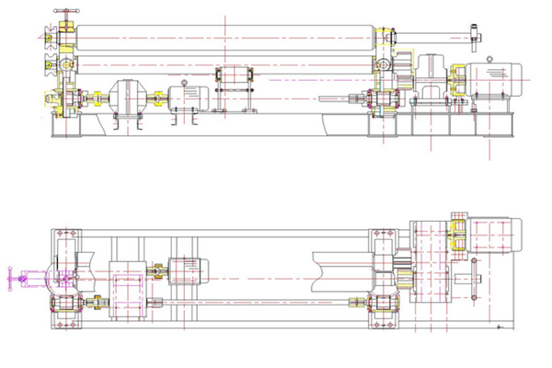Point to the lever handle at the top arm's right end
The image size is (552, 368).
476,38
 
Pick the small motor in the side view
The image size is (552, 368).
191,97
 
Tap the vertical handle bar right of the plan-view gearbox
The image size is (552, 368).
472,282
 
